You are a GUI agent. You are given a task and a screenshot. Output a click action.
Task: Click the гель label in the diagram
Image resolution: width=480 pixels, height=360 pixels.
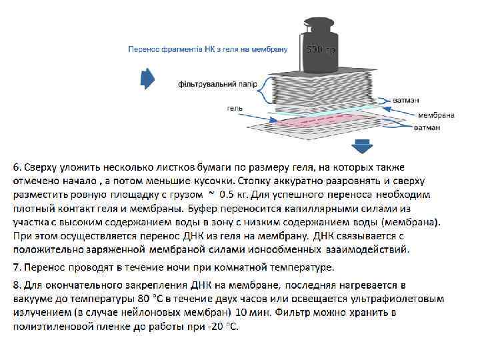(235, 107)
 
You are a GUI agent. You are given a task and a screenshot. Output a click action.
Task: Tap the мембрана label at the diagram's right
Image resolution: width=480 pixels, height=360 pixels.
(436, 115)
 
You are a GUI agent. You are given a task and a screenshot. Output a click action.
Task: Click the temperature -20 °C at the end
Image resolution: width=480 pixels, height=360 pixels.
(223, 327)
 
